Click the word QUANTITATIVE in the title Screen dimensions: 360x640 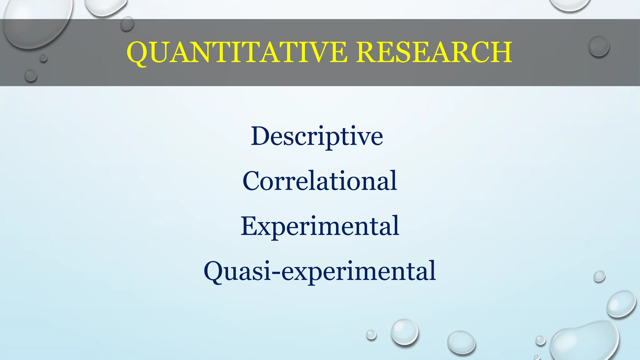pyautogui.click(x=237, y=52)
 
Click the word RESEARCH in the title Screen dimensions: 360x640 pyautogui.click(x=434, y=52)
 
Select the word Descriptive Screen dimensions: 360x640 pyautogui.click(x=317, y=136)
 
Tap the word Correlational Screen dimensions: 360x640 pyautogui.click(x=320, y=181)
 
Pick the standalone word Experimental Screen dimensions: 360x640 pyautogui.click(x=320, y=226)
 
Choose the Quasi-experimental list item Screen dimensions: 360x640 pyautogui.click(x=320, y=271)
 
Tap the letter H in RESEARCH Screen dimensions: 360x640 pyautogui.click(x=499, y=52)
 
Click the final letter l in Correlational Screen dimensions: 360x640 pyautogui.click(x=394, y=180)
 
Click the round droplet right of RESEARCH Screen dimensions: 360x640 pyautogui.click(x=599, y=46)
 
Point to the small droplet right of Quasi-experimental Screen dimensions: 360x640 pyautogui.click(x=599, y=276)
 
